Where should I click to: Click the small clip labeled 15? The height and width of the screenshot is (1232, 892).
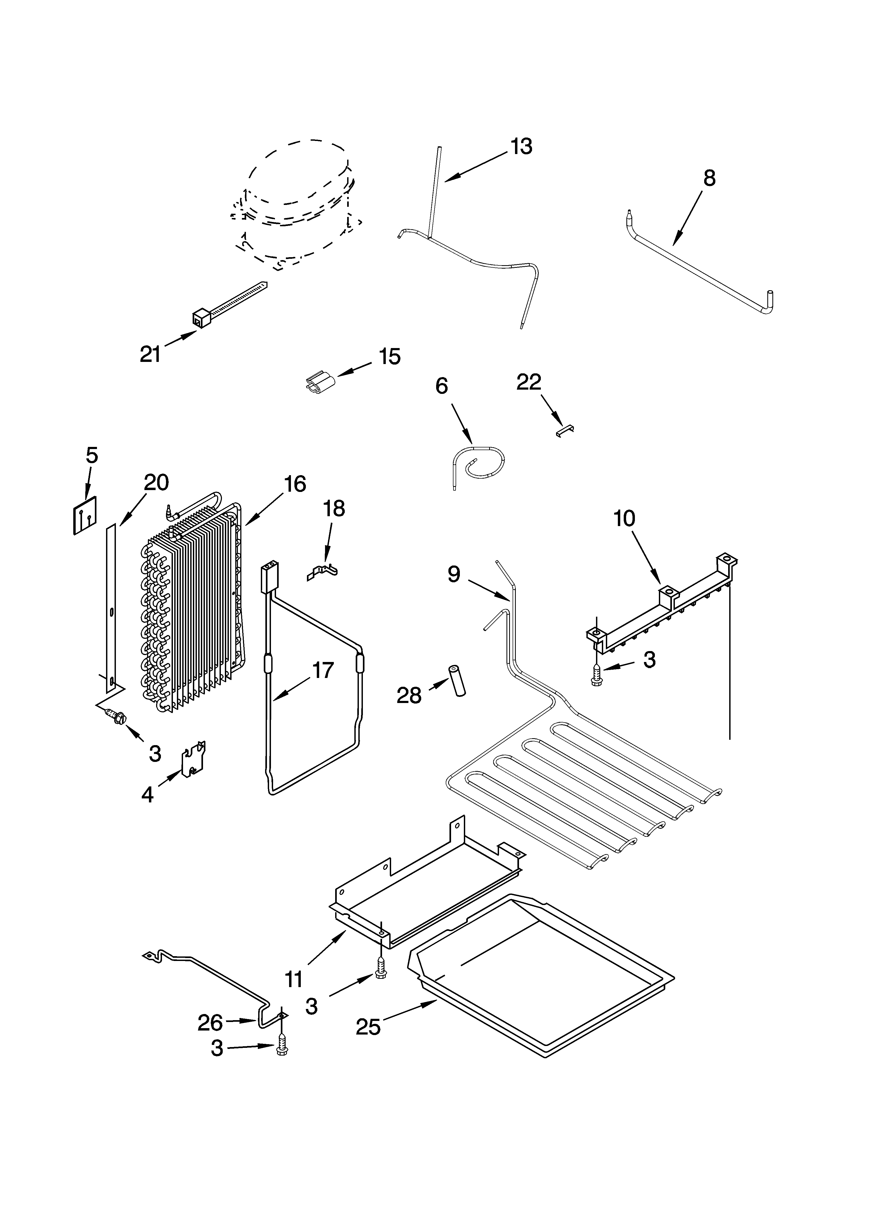[319, 381]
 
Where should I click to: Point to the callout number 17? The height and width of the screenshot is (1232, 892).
[323, 670]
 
